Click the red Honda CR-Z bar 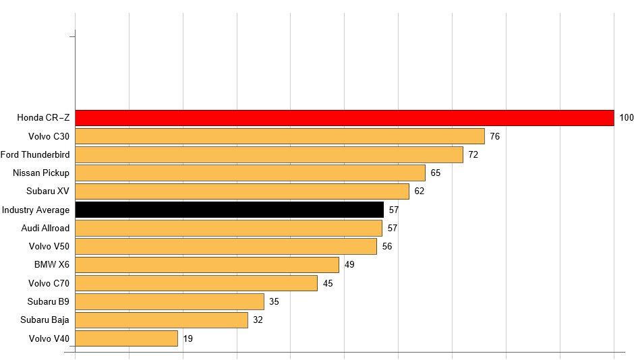pos(344,118)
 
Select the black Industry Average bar pos(229,210)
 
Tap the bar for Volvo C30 pos(279,136)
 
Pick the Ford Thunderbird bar pos(268,154)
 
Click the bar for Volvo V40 pos(126,338)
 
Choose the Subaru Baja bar pos(161,320)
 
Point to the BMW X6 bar pos(206,264)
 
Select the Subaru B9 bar pos(169,301)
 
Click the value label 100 pos(627,118)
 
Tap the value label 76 pos(494,136)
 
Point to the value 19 pos(188,338)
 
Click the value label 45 pos(328,283)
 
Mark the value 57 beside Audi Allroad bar pos(393,228)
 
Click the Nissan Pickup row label pos(41,173)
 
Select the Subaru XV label pos(48,191)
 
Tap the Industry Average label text pos(36,210)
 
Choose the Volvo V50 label pos(49,246)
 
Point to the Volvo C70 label pos(49,283)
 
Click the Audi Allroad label pos(45,228)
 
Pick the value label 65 pos(435,173)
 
